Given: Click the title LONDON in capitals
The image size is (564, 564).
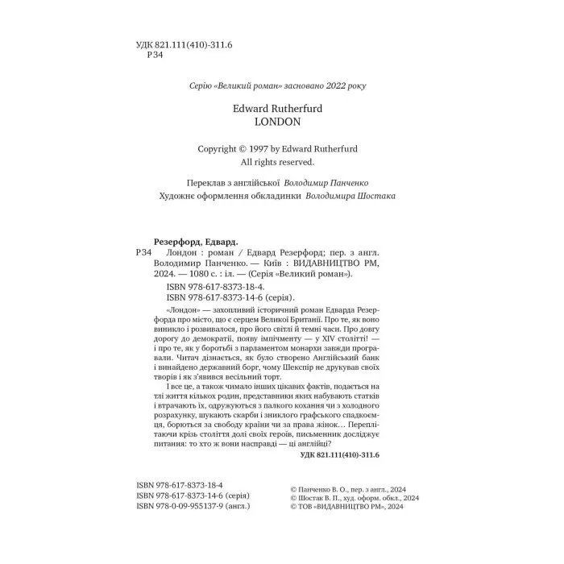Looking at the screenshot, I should coord(276,122).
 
